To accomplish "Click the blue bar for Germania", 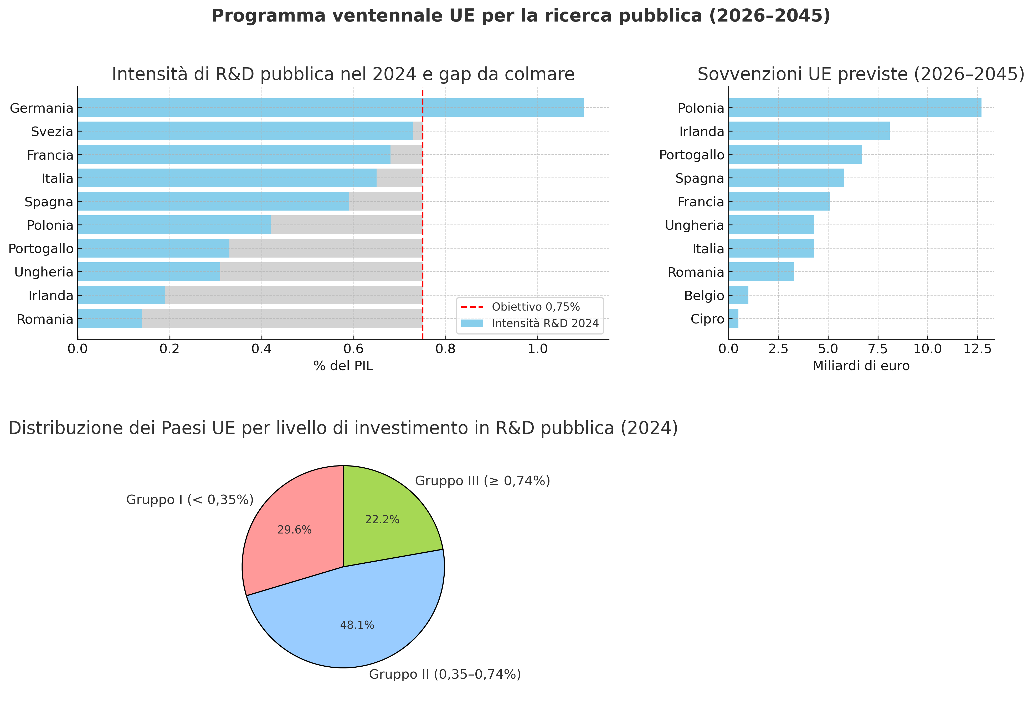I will coord(330,107).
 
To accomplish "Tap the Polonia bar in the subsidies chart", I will coord(854,107).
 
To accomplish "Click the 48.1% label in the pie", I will coord(357,625).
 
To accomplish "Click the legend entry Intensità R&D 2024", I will coord(545,323).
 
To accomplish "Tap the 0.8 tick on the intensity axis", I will coord(445,349).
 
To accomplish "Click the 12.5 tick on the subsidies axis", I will coord(978,349).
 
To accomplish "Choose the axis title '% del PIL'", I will coord(343,366).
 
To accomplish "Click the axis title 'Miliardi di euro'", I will coord(861,366).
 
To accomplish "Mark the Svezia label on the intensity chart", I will coord(52,132).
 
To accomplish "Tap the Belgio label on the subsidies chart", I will coord(704,295).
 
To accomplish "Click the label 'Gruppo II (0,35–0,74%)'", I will coord(444,674).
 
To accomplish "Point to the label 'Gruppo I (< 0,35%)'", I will coord(190,500).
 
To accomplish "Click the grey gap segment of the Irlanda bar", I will coord(293,295).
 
